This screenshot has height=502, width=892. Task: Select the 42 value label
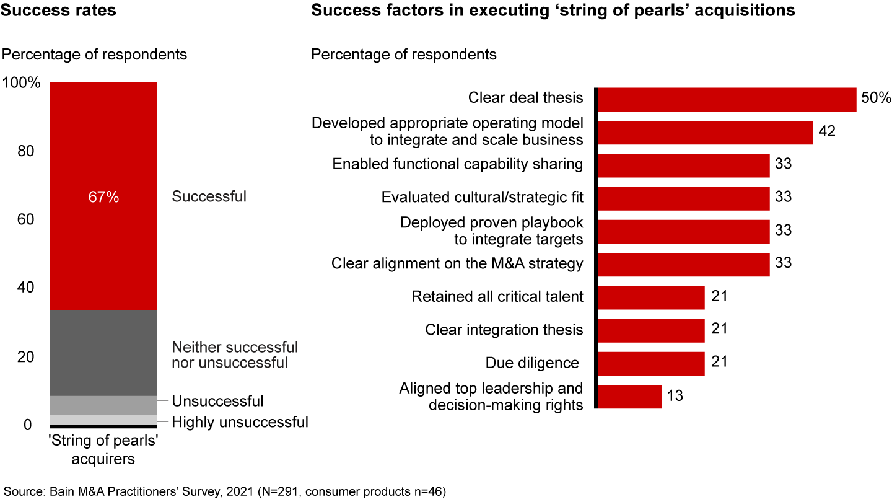click(x=827, y=132)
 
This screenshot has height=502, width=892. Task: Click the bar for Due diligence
click(x=651, y=363)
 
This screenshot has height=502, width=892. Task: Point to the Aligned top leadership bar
click(x=629, y=396)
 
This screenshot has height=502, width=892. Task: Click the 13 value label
click(x=675, y=396)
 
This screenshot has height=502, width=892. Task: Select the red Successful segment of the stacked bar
click(x=103, y=155)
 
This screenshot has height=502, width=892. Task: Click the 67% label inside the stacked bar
click(x=103, y=197)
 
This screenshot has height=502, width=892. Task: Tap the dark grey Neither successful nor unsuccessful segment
click(x=103, y=353)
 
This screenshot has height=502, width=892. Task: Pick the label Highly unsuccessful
click(x=240, y=423)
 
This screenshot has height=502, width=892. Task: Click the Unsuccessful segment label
click(x=217, y=401)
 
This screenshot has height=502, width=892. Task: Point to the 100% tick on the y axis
click(x=22, y=83)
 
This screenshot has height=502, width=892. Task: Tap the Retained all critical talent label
click(x=497, y=296)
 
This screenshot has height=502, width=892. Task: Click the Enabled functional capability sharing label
click(x=458, y=164)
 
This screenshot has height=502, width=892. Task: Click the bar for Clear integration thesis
click(x=651, y=330)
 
